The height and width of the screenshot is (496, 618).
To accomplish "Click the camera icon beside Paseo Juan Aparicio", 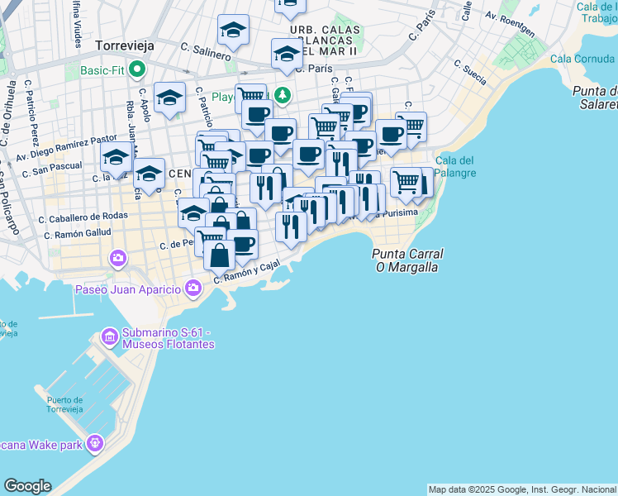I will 193,289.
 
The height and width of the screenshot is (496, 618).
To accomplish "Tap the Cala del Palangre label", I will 455,166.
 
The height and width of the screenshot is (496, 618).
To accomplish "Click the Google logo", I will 26,486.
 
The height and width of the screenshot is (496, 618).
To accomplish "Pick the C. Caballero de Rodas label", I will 83,217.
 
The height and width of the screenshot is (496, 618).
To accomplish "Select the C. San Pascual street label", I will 52,169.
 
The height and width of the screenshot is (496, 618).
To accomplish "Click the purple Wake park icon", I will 96,445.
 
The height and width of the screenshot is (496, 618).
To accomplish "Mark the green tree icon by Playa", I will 283,96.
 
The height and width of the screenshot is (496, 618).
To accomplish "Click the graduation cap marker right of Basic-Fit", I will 169,98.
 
